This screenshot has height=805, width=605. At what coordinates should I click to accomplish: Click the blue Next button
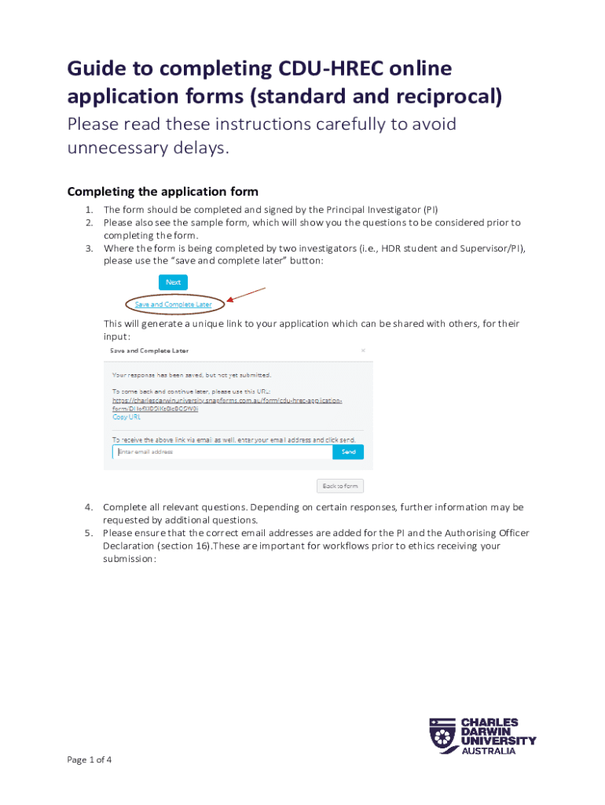tap(173, 282)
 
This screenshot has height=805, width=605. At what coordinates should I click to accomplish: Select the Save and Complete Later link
tap(173, 304)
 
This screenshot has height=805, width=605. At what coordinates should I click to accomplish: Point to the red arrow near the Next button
tap(246, 295)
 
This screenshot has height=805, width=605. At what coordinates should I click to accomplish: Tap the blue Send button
tap(348, 452)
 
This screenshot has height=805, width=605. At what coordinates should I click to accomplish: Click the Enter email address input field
tap(222, 452)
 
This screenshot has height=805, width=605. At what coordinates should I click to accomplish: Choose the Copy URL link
tap(126, 417)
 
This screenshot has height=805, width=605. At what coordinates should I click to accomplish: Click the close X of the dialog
tap(362, 351)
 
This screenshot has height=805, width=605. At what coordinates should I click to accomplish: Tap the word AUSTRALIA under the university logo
tap(488, 751)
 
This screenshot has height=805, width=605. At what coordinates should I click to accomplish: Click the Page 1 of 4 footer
tap(90, 759)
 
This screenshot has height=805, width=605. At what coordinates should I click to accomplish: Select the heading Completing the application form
tap(163, 192)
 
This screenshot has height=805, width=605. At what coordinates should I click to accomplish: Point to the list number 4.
tap(89, 507)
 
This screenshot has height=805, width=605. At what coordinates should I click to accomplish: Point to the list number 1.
tap(89, 210)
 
